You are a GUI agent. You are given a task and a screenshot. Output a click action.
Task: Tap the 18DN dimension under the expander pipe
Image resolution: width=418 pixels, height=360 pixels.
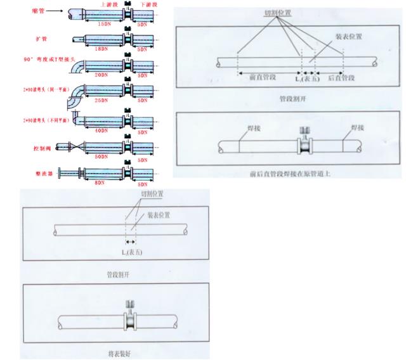click(100, 49)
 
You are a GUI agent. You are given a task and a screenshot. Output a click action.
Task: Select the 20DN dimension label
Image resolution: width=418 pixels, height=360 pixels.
click(100, 75)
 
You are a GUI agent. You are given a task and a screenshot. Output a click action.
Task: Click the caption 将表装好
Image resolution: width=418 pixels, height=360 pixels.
click(119, 350)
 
